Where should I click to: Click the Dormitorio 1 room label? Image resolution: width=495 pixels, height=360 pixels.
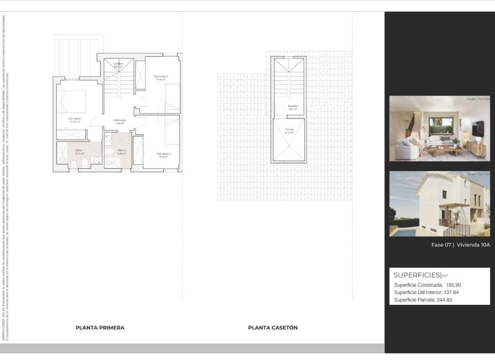(x=75, y=119)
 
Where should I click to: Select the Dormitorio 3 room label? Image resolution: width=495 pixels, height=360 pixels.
(x=164, y=154)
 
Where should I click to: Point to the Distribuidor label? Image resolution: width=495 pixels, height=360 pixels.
(x=119, y=120)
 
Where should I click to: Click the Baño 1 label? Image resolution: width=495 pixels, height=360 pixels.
(x=79, y=151)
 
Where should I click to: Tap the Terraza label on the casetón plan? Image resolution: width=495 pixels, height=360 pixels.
(x=289, y=130)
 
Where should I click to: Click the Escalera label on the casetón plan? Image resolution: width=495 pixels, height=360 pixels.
(x=292, y=106)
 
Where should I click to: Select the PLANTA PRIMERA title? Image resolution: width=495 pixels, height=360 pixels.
(x=100, y=327)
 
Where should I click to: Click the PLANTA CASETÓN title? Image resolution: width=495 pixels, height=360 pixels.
(x=273, y=327)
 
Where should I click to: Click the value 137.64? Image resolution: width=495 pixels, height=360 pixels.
(x=450, y=292)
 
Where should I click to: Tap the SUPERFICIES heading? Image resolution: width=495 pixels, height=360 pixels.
(x=417, y=275)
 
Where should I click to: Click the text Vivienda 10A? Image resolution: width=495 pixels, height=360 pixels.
(x=474, y=245)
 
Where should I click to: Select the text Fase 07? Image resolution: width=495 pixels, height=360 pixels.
(x=442, y=245)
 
